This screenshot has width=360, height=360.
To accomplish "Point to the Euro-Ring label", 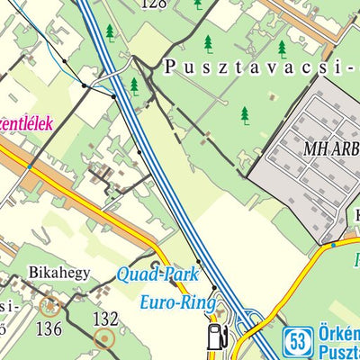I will pos(176,302).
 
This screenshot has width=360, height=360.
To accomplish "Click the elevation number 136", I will pos(49,328).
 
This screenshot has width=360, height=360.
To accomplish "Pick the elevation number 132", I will pos(106,318).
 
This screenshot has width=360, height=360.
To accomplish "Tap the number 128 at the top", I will pos(155,4).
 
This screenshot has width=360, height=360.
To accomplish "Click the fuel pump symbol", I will pos(216,336).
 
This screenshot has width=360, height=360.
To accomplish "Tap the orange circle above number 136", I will pos(49,306).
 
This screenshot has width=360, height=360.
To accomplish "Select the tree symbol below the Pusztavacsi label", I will pos(244,114).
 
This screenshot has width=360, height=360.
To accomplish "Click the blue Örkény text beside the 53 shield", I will pos(338,335).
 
